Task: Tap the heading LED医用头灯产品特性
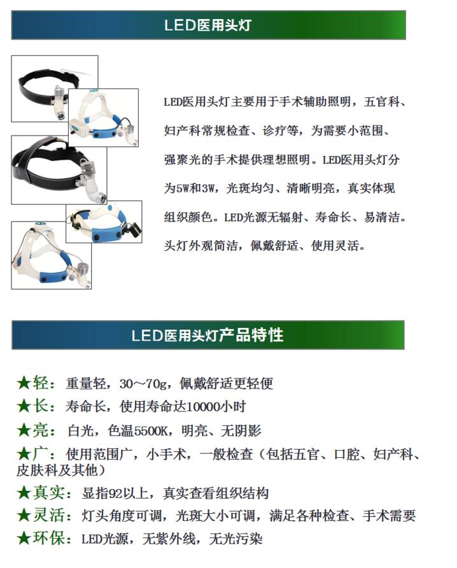coord(207,335)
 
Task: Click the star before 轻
coord(24,383)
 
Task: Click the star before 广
coord(24,454)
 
